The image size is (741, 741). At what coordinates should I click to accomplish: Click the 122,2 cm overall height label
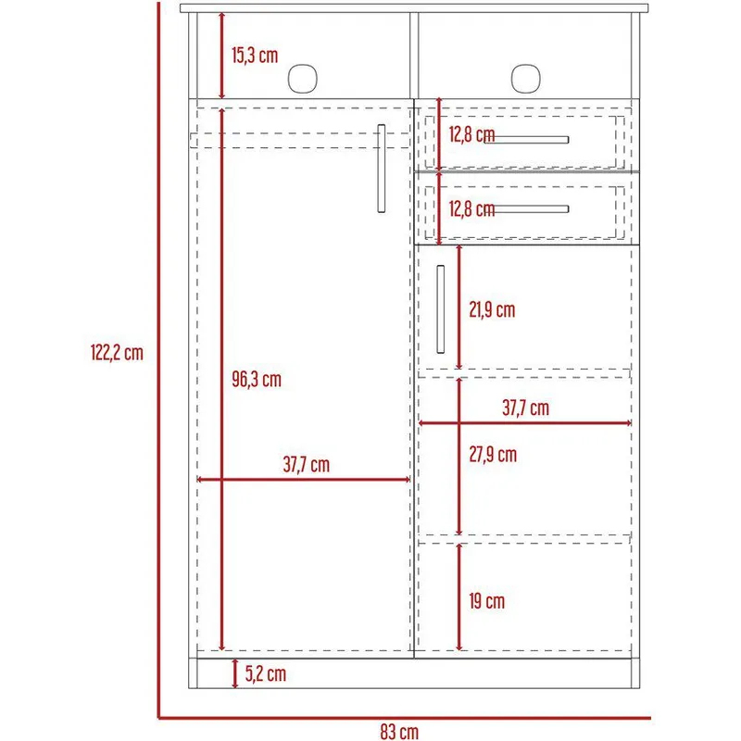pos(117,353)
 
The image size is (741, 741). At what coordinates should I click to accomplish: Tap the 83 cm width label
pos(399,731)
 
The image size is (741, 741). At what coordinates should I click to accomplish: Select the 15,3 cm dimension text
pos(255,56)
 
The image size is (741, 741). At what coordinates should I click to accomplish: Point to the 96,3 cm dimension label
pos(257,380)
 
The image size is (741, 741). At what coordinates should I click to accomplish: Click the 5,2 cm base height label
pos(266,674)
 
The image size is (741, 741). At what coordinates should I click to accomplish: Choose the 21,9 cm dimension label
pos(492,310)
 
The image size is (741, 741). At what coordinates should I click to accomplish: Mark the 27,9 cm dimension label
pos(493,455)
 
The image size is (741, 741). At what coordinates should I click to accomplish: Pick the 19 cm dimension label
pos(487,601)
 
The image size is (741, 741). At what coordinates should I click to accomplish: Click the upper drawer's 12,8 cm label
pos(471,134)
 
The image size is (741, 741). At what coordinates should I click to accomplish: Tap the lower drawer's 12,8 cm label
pos(471,209)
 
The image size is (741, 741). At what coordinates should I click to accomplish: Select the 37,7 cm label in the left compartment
pos(307,465)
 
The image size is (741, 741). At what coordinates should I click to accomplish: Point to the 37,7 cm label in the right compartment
pos(525,408)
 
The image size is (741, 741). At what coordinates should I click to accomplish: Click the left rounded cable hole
pos(303,79)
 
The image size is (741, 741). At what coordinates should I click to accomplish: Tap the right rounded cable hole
pos(525,79)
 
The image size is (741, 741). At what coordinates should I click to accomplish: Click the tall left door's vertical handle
pos(382,169)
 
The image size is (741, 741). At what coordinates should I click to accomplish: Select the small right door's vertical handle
pos(441,309)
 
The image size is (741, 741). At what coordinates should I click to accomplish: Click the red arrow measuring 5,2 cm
pos(235,673)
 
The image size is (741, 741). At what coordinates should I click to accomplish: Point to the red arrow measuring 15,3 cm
pos(221,56)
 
